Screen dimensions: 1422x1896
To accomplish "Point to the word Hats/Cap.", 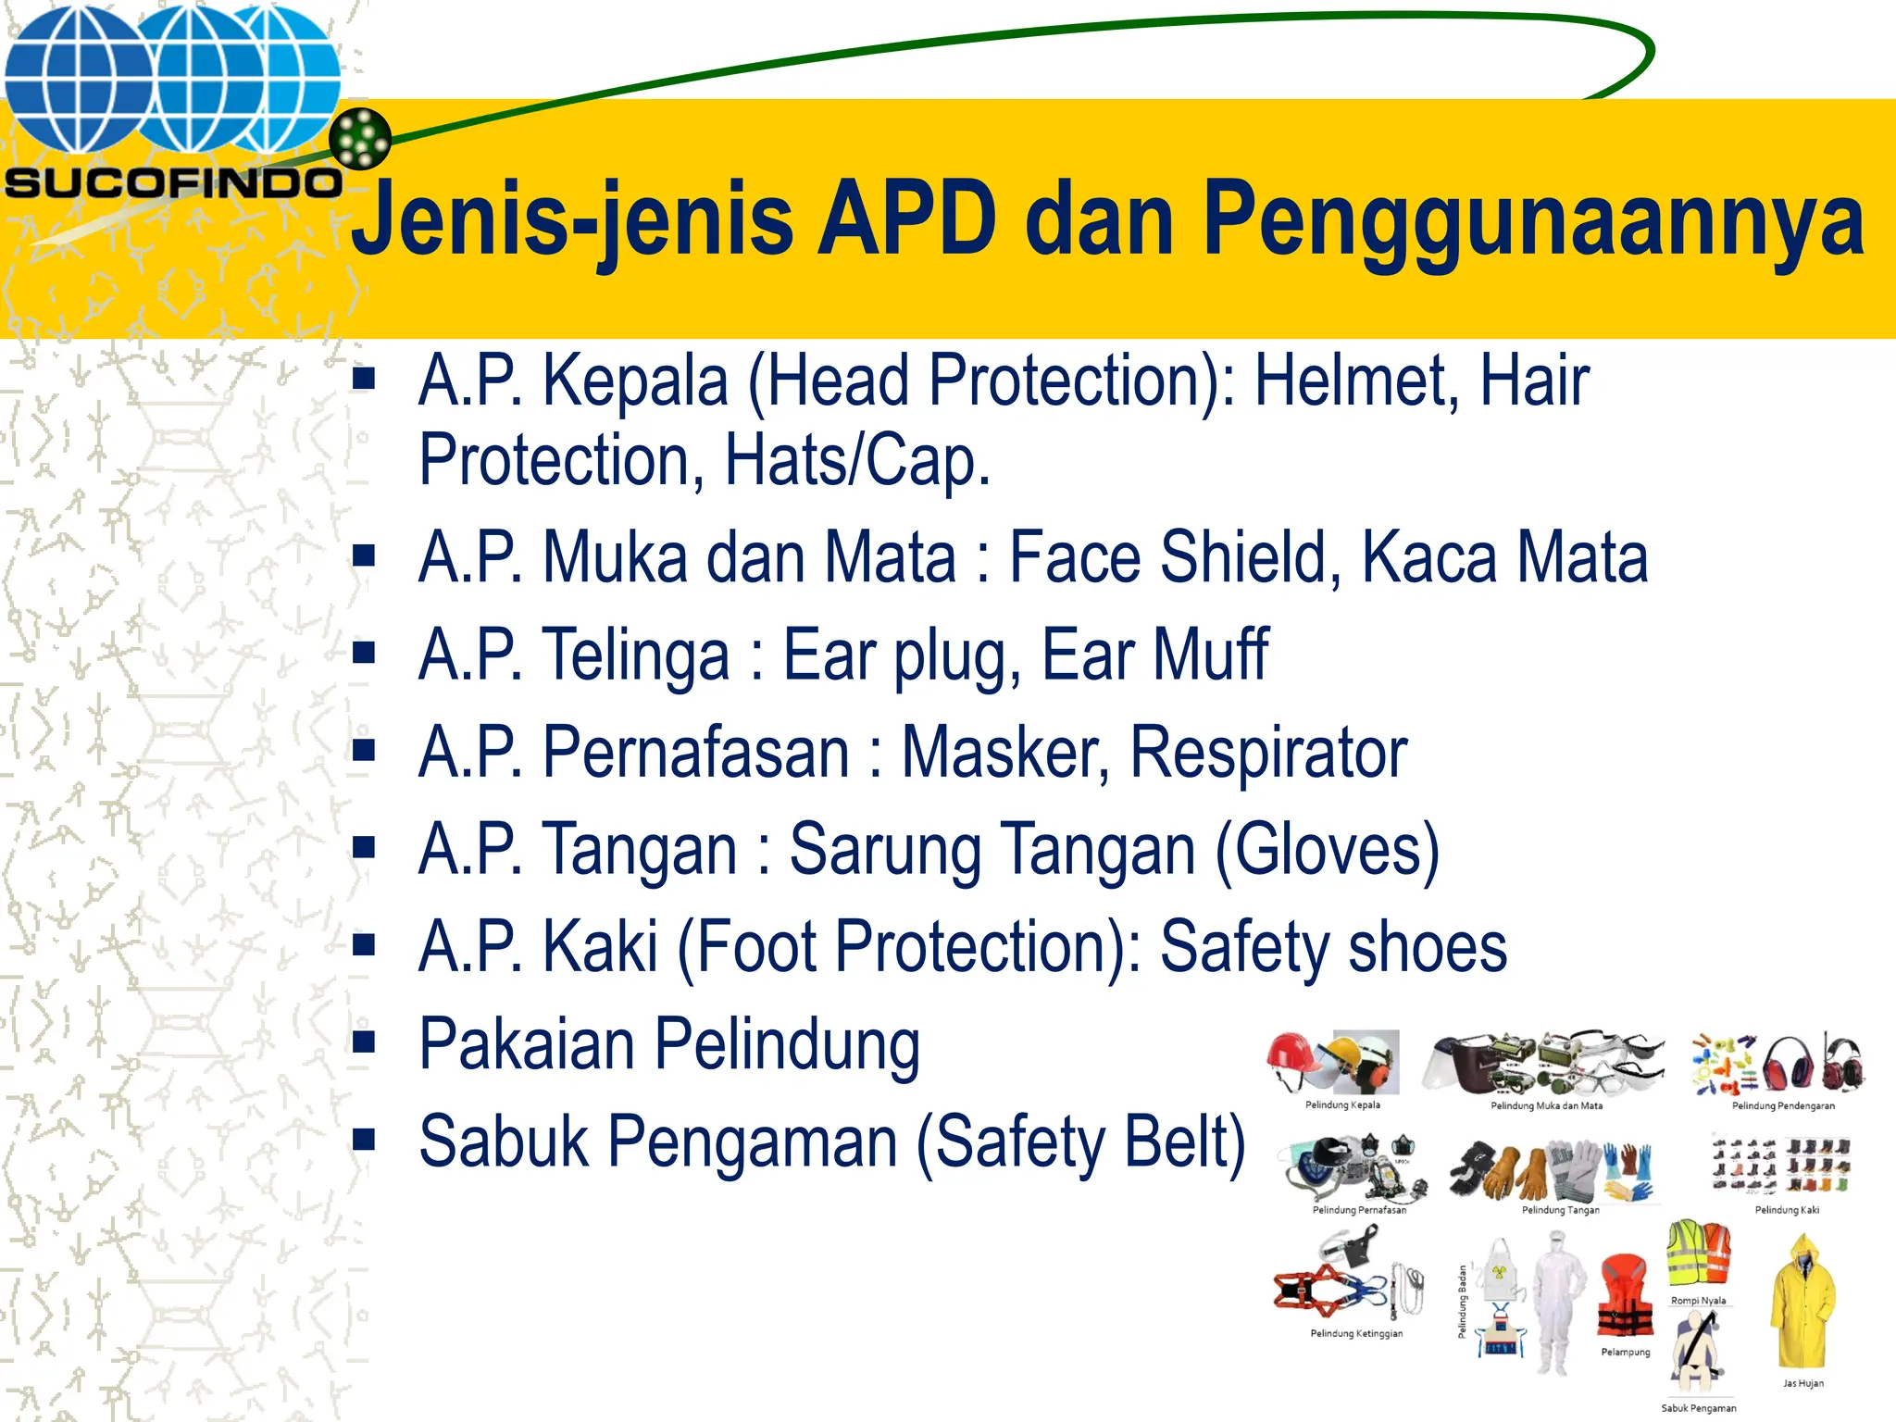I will tap(857, 460).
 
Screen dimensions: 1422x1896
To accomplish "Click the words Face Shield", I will tap(1168, 557).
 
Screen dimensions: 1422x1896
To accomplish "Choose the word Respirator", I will tap(1268, 752).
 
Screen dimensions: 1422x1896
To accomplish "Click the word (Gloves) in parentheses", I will tap(1327, 849).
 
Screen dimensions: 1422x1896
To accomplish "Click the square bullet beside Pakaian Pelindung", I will tap(364, 1043).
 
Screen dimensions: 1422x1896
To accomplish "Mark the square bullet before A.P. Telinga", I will tap(364, 655).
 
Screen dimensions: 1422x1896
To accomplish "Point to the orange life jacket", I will tap(1626, 1296).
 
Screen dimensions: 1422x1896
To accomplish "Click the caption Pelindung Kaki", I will tap(1787, 1210).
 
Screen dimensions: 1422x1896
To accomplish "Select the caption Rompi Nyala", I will tap(1699, 1301).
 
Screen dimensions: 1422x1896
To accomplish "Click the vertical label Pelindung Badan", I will tap(1463, 1302).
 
